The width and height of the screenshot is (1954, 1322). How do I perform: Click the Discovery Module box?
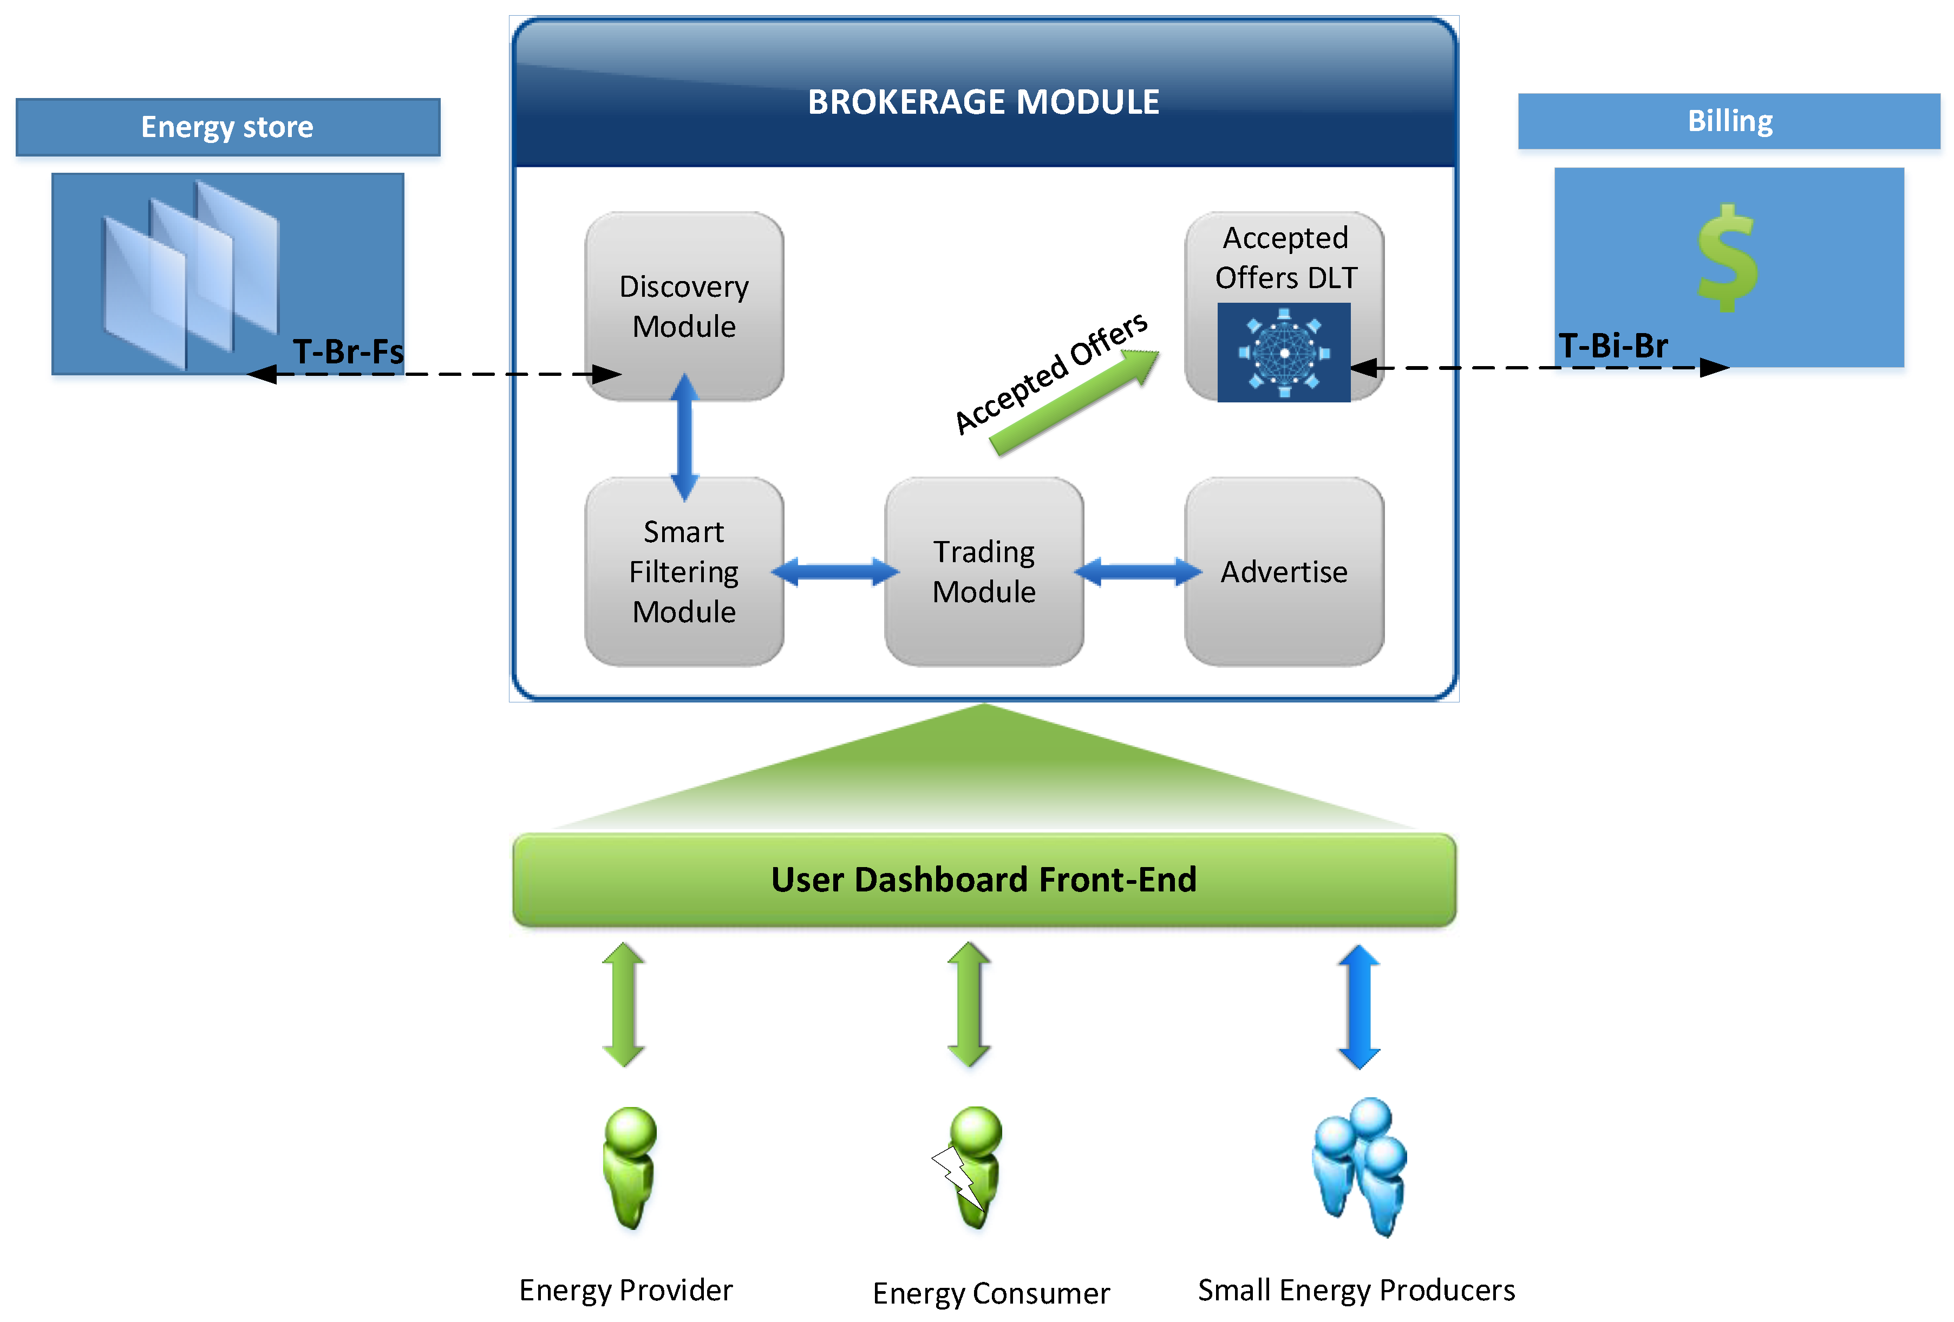(684, 306)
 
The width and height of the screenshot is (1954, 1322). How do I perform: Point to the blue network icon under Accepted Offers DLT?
(1284, 353)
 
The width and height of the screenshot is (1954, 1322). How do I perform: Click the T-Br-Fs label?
(348, 351)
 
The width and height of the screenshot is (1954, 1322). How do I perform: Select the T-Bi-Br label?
(1613, 345)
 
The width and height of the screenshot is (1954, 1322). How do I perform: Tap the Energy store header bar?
(228, 127)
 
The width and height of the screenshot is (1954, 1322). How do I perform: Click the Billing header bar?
(1729, 121)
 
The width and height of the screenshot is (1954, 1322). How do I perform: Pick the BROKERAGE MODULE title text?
(984, 102)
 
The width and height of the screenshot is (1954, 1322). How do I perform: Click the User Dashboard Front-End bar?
(984, 880)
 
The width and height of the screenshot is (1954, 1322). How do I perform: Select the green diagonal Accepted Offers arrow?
(1074, 402)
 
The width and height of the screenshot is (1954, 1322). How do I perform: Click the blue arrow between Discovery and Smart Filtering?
(684, 437)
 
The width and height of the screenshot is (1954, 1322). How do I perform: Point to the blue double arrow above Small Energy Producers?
(1359, 1007)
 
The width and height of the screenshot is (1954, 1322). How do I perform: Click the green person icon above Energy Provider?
(629, 1167)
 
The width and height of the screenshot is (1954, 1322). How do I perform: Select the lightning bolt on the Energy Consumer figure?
(958, 1176)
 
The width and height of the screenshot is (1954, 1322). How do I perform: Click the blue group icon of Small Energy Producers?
(1360, 1167)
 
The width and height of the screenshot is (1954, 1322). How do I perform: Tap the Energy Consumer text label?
(991, 1293)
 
